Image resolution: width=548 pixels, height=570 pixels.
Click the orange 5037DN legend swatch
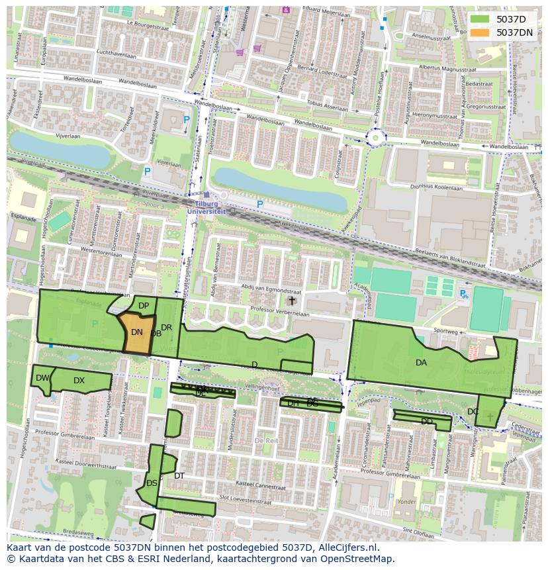[x=481, y=32]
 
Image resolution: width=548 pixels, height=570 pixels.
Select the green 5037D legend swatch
[x=481, y=19]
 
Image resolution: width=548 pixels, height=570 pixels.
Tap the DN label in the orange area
[x=136, y=332]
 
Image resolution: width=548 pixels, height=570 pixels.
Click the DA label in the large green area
[x=421, y=363]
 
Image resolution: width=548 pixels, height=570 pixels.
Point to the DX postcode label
[x=79, y=381]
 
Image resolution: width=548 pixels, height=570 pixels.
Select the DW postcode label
[x=42, y=378]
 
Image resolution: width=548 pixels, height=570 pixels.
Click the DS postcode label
[x=152, y=483]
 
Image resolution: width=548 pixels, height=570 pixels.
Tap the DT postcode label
[x=179, y=476]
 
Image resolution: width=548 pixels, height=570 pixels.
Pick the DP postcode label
[x=144, y=306]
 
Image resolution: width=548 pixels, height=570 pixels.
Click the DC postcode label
[x=473, y=412]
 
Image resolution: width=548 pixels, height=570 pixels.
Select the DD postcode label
[x=427, y=422]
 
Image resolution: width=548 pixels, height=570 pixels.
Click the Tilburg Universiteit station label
[x=206, y=208]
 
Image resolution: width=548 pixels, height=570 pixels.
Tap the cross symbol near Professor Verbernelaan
[x=291, y=301]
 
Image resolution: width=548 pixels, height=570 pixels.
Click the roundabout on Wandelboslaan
[x=377, y=138]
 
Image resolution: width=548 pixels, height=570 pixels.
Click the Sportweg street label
[x=445, y=330]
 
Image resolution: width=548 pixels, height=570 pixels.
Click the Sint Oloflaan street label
[x=418, y=532]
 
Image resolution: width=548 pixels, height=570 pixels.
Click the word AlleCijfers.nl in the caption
[x=345, y=548]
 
